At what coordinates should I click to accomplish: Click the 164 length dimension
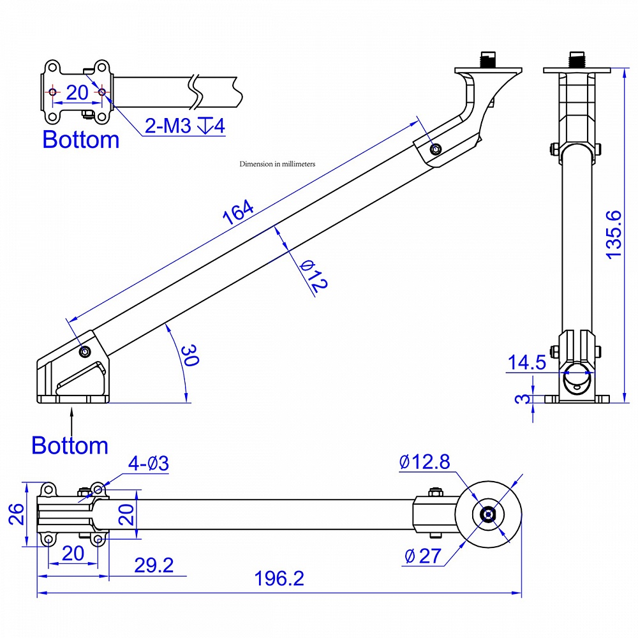click(x=238, y=212)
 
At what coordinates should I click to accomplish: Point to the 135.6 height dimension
click(x=614, y=234)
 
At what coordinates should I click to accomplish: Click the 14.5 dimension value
click(x=526, y=363)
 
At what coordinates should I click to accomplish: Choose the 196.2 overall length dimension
click(x=279, y=579)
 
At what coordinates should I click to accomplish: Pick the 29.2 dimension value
click(x=153, y=565)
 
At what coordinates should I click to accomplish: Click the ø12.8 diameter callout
click(x=424, y=462)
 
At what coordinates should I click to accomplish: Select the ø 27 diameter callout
click(x=422, y=556)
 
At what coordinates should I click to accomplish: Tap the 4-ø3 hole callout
click(x=147, y=464)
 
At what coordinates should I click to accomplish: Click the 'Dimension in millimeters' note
click(x=278, y=164)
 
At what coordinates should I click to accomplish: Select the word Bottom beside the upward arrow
click(x=70, y=445)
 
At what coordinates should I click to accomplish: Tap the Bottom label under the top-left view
click(x=80, y=140)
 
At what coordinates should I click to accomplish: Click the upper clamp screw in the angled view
click(x=436, y=149)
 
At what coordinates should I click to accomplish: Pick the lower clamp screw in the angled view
click(x=85, y=351)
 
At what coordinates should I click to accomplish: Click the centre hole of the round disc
click(x=488, y=514)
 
